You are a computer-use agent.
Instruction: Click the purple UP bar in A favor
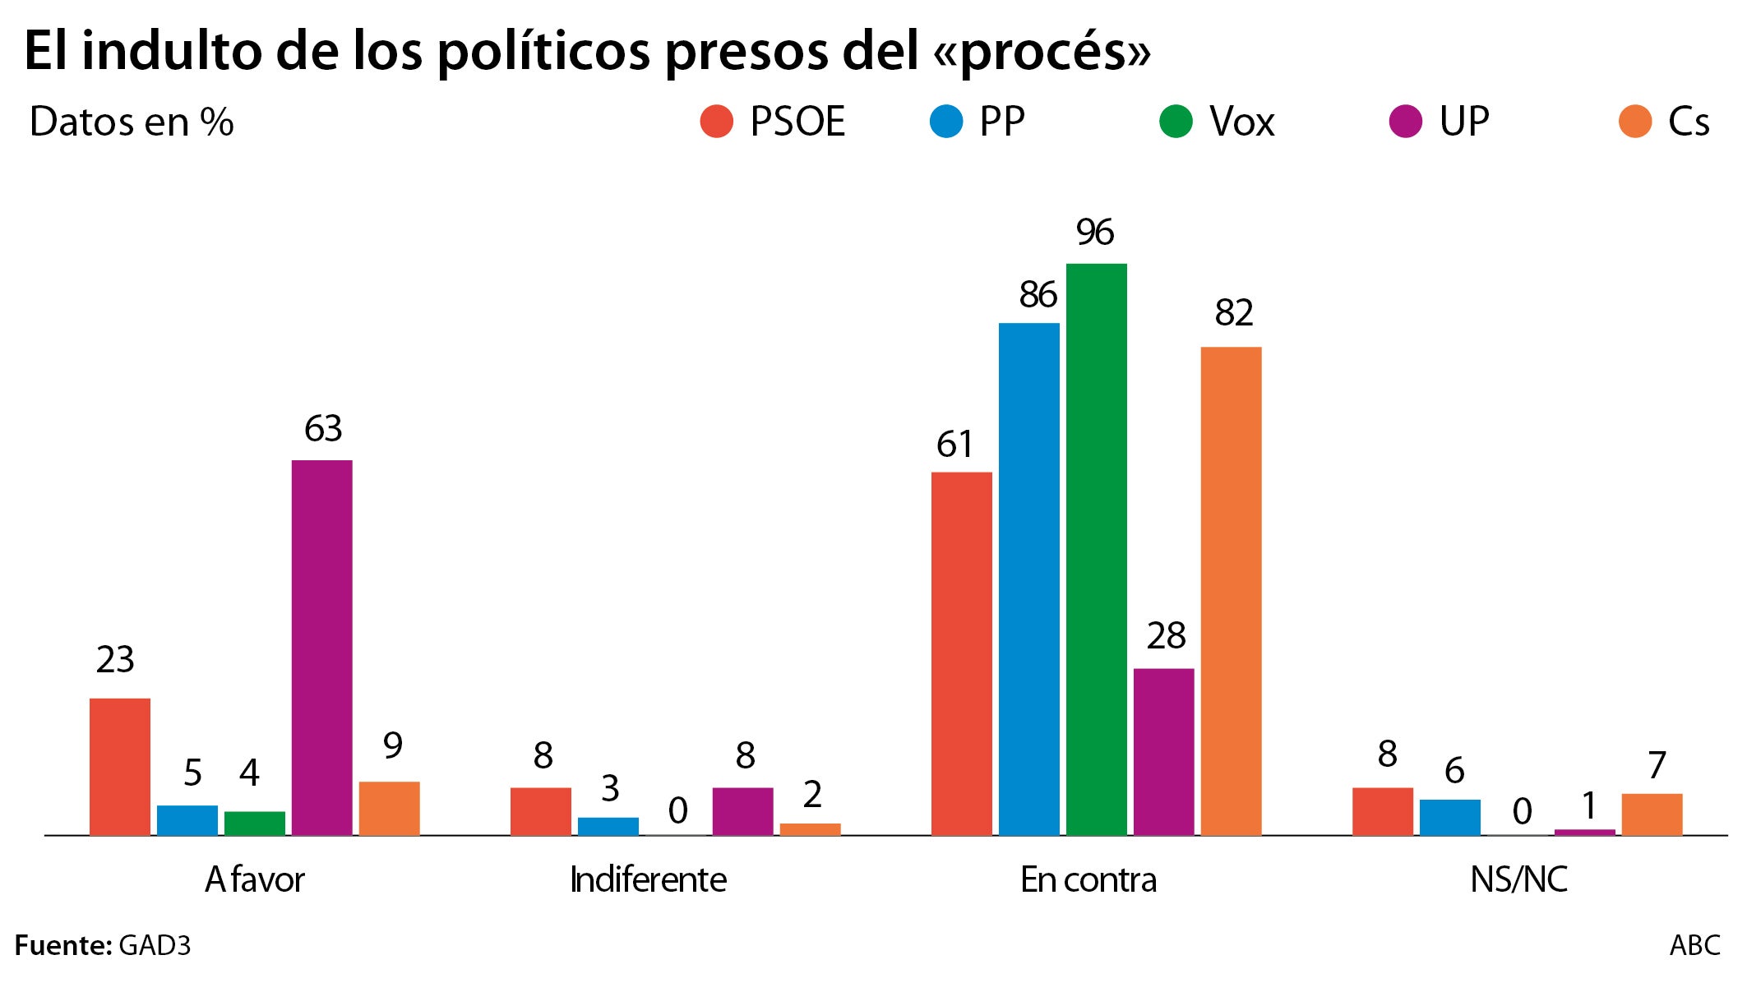(x=322, y=648)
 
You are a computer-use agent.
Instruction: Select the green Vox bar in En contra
(x=1096, y=549)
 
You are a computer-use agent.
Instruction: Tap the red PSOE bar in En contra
(x=961, y=653)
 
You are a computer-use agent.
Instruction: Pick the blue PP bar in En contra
(x=1028, y=579)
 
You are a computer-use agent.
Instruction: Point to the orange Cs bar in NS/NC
(x=1652, y=814)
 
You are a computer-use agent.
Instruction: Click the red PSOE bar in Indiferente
(x=540, y=811)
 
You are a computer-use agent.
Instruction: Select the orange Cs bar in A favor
(x=389, y=808)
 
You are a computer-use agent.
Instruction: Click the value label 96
(x=1094, y=233)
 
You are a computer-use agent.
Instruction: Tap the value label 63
(x=322, y=429)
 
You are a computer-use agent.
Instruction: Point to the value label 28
(x=1166, y=636)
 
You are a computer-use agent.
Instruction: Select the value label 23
(x=114, y=660)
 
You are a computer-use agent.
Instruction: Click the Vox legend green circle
(x=1176, y=122)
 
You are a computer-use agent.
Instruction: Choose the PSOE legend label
(x=797, y=122)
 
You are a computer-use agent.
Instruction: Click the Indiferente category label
(x=648, y=880)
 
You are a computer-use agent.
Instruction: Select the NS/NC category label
(x=1518, y=880)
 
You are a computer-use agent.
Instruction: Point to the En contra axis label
(x=1088, y=880)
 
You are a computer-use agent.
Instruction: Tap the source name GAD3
(x=155, y=946)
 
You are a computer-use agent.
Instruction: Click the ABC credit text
(x=1694, y=946)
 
